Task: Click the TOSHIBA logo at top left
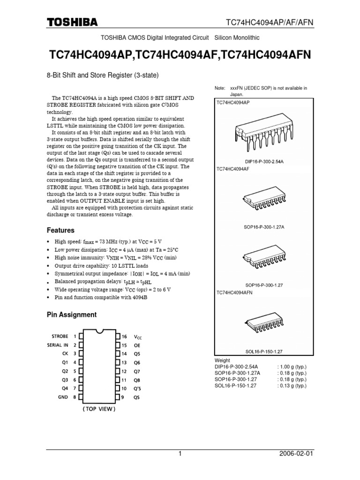72,22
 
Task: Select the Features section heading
60,231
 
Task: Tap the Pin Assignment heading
72,315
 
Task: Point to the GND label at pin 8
63,397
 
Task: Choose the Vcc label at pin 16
137,337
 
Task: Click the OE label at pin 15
137,345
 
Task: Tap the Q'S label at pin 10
137,389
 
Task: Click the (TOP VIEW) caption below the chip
99,408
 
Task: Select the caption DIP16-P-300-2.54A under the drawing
264,161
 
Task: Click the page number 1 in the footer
180,454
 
